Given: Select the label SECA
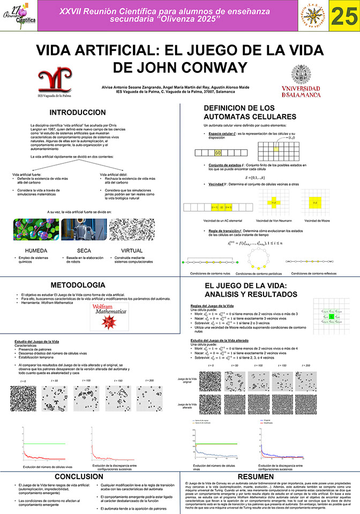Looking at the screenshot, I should [x=84, y=250].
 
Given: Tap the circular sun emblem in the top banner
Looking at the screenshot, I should [x=312, y=19].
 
